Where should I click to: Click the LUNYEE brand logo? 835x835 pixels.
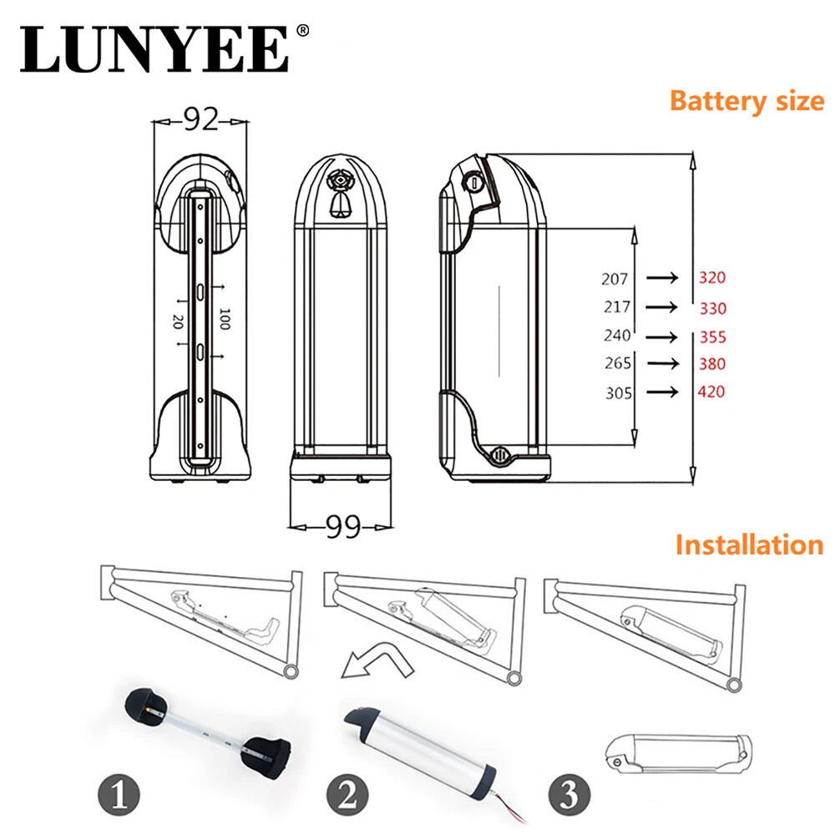pos(154,50)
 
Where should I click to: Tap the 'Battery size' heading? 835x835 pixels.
pos(746,102)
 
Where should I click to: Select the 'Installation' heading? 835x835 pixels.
pos(749,545)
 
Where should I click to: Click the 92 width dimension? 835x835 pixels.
pos(200,121)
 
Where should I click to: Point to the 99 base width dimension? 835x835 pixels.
pos(342,527)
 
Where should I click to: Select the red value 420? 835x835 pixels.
pos(711,392)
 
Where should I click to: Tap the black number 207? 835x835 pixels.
pos(615,279)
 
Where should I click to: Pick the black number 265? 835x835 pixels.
pos(617,364)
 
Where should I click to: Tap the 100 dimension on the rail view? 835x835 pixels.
pos(224,319)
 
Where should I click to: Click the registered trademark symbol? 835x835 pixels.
pos(302,31)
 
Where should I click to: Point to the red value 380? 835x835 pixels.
pos(711,364)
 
